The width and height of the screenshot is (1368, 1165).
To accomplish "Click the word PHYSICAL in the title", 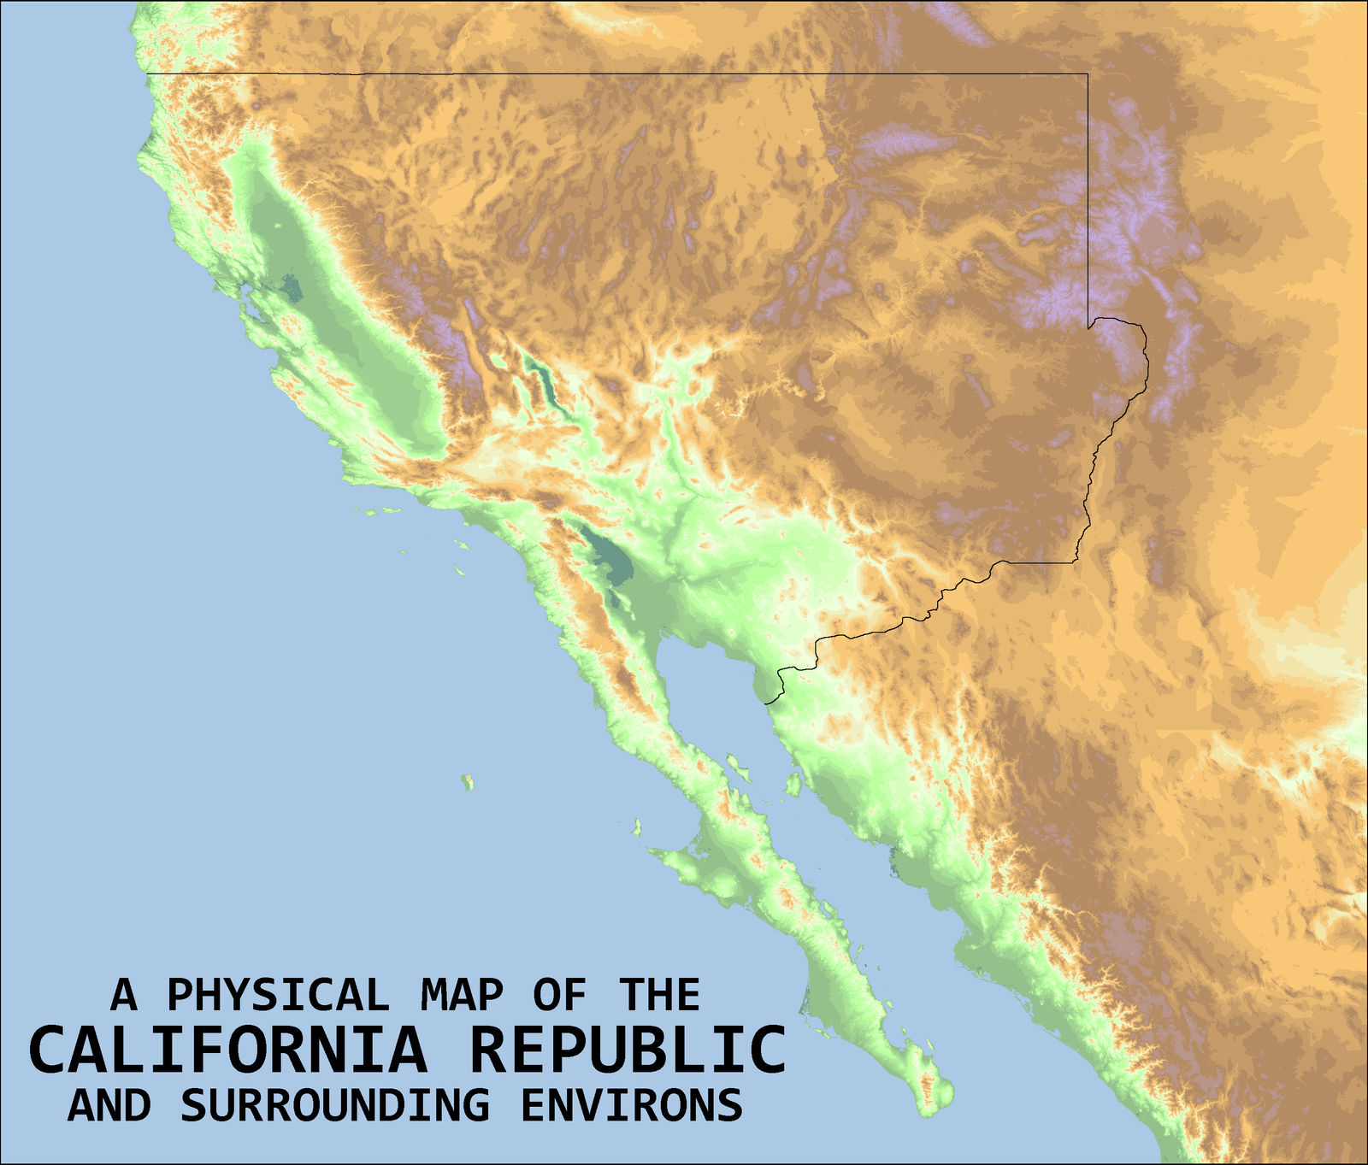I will pos(278,995).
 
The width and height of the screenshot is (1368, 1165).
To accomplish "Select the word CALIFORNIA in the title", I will pos(227,1050).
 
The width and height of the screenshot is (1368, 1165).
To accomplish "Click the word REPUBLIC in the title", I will pos(628,1050).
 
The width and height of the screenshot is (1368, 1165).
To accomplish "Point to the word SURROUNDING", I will pos(335,1104).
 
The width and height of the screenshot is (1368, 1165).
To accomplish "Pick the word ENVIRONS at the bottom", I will pos(632,1104).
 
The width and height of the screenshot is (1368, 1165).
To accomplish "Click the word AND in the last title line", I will pos(109,1104).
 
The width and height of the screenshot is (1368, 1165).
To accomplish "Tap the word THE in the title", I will pos(659,995).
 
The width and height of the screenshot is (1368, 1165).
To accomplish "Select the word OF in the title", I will pos(560,995).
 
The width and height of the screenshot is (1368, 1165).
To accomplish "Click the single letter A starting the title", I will pos(124,995).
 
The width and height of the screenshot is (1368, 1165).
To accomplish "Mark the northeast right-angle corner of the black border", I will pos(1088,74).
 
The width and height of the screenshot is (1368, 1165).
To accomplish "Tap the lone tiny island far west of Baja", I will pos(467,781).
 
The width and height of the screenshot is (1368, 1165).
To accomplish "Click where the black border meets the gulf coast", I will pos(767,703).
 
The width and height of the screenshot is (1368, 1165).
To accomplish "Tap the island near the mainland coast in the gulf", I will pos(793,782).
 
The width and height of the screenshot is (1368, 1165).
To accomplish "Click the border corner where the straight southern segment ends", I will pos(1076,562).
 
